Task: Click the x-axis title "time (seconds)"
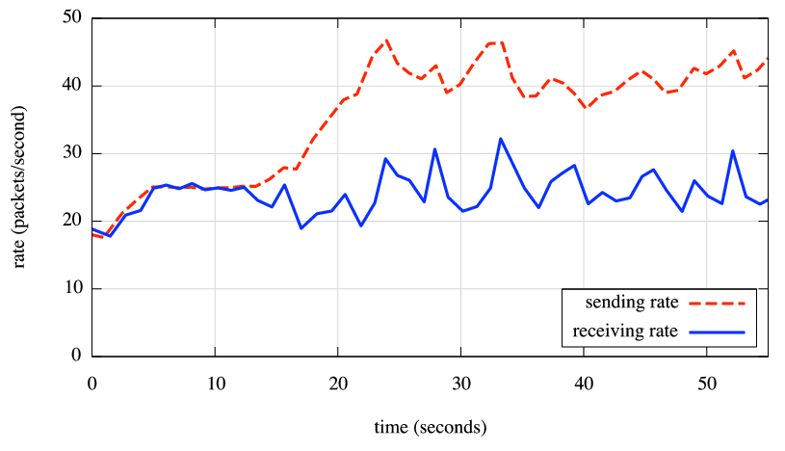coord(431,425)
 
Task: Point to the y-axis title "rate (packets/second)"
coord(20,187)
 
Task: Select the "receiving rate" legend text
coord(626,332)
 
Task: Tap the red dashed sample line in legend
coord(718,303)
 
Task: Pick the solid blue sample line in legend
coord(718,332)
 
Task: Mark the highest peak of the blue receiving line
coord(501,139)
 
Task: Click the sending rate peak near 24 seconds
coord(387,40)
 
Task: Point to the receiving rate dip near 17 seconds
coord(301,228)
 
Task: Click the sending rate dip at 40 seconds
coord(586,108)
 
